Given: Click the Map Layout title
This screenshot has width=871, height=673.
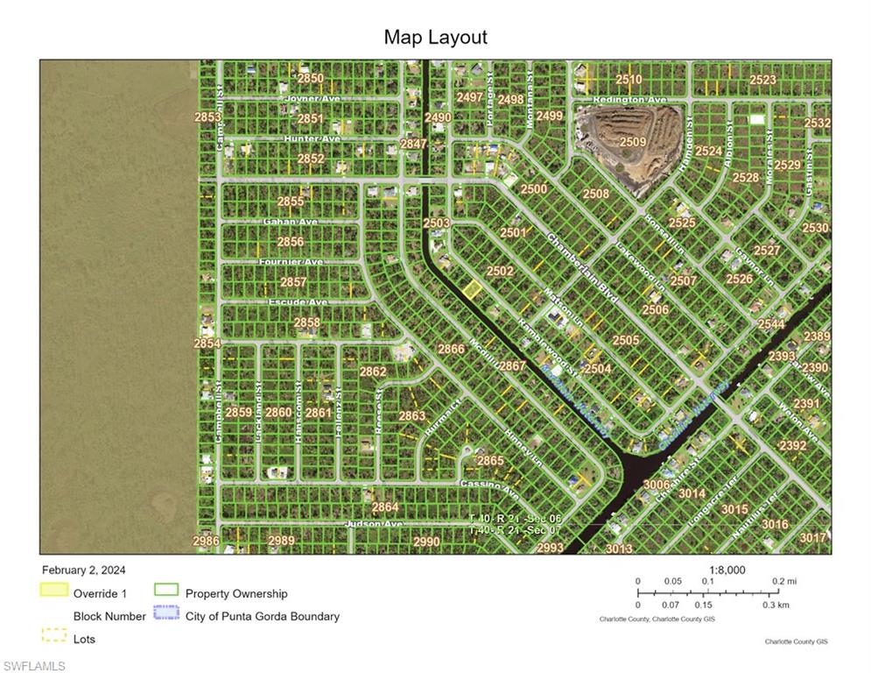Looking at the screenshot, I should (435, 38).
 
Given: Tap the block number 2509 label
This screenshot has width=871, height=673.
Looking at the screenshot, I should (633, 141).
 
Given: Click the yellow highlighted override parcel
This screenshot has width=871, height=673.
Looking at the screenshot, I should (473, 291).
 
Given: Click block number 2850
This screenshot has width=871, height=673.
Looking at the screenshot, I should (310, 79).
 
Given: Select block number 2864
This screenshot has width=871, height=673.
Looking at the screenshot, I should (385, 507).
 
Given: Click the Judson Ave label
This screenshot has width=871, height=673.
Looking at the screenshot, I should (374, 524).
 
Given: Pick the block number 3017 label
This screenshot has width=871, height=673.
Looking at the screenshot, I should (813, 537).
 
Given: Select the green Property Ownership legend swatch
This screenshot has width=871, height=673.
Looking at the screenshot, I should (166, 591).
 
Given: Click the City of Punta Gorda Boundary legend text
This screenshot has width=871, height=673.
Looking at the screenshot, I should (262, 616).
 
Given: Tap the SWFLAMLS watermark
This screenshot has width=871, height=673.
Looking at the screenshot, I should (33, 666).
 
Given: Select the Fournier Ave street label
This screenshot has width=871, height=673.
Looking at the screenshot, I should (292, 262).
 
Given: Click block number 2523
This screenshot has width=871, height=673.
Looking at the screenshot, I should (762, 80).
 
